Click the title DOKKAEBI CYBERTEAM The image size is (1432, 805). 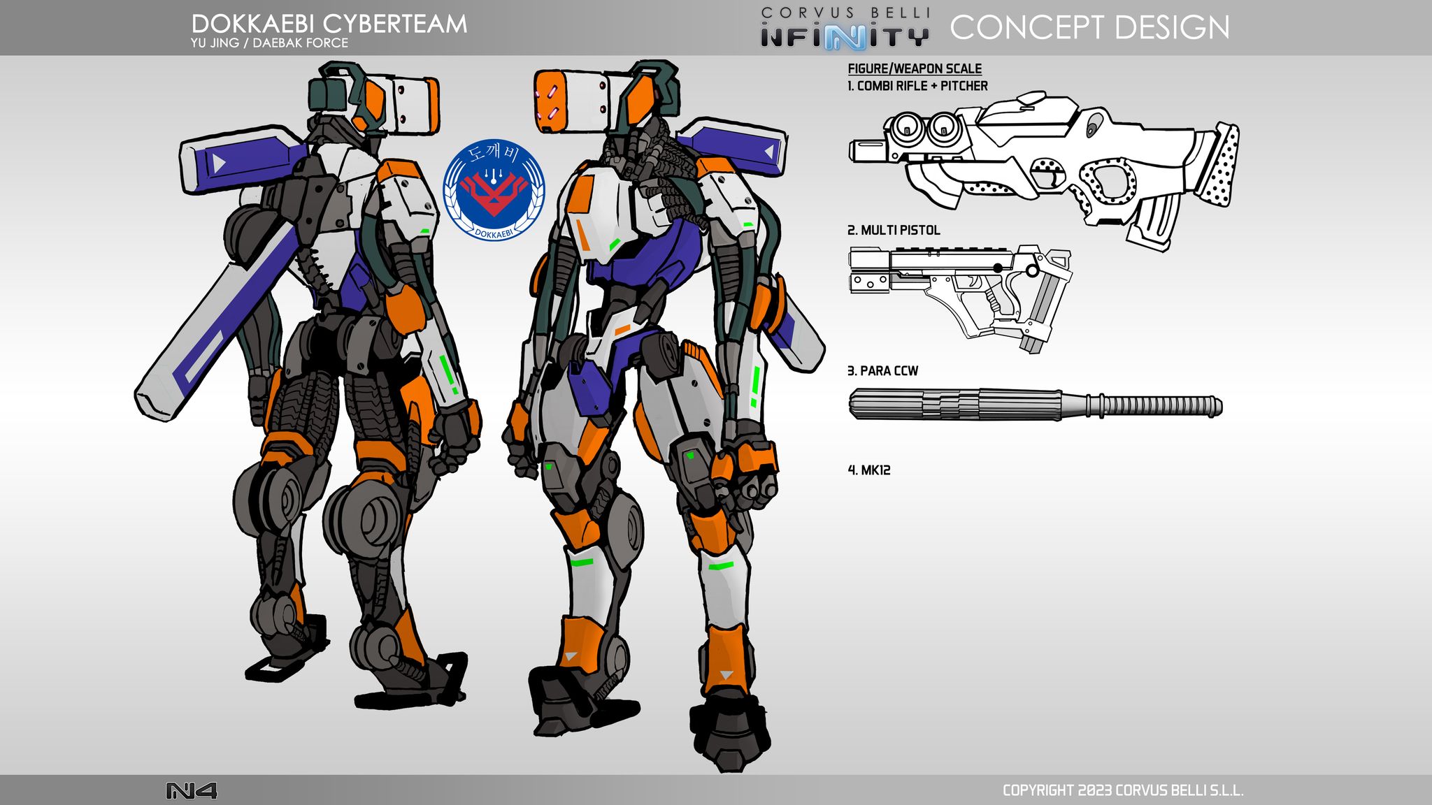pos(329,24)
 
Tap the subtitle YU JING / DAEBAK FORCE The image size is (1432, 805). pos(269,43)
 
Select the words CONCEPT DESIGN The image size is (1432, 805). pos(1089,27)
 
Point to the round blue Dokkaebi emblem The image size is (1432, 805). pos(494,190)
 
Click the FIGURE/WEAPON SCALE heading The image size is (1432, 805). pos(915,68)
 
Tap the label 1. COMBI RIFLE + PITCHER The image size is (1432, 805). pos(917,86)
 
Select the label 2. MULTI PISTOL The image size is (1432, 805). pos(894,230)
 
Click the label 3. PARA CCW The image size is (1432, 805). pos(882,370)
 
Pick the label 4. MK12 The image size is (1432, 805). pos(869,470)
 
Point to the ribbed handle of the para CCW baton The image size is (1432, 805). pos(1154,405)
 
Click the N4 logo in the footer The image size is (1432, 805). pos(191,790)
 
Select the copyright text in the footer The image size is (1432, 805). pos(1123,790)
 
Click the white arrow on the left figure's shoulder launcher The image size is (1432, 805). pos(218,164)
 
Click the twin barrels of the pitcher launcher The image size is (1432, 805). pos(922,126)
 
